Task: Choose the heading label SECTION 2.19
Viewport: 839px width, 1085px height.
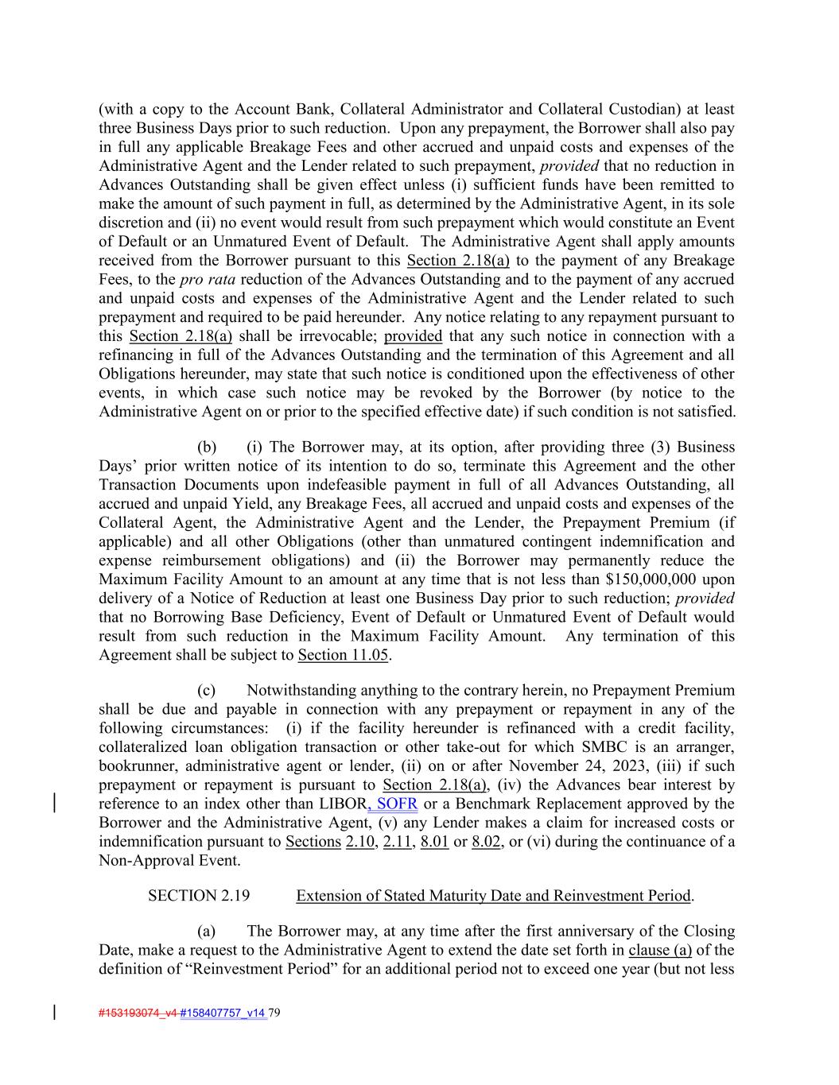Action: [x=199, y=895]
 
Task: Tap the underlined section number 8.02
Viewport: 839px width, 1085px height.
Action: [x=486, y=842]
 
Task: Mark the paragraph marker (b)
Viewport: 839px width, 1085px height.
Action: [x=207, y=447]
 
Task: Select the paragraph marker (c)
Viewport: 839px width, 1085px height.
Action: [x=207, y=690]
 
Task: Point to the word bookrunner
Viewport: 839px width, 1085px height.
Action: [x=136, y=765]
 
